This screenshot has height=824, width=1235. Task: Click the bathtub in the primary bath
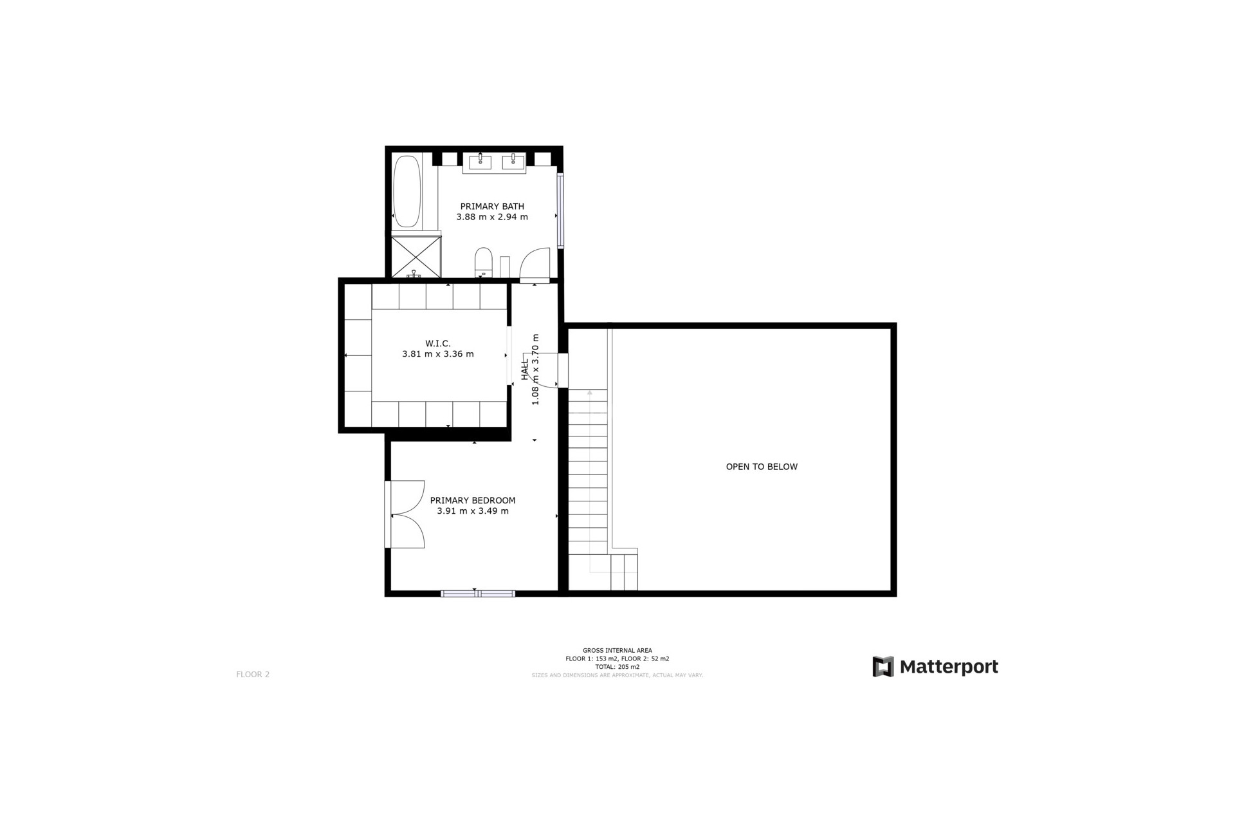(407, 191)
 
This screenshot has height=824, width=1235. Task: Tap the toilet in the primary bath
(483, 262)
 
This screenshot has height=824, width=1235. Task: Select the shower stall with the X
(416, 256)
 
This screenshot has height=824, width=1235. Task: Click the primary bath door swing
(535, 264)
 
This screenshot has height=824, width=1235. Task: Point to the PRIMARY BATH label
(492, 206)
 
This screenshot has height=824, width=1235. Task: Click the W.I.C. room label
(437, 343)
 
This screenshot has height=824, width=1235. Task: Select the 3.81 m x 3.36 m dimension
(437, 354)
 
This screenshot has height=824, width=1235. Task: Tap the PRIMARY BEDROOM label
(473, 500)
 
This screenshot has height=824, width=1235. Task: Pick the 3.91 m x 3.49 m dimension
(473, 511)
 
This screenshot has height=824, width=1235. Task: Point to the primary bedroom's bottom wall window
(478, 594)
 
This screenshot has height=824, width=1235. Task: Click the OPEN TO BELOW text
(762, 467)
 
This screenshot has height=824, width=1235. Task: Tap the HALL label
(525, 369)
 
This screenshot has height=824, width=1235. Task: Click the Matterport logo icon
(883, 667)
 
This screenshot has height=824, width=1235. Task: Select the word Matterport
(949, 667)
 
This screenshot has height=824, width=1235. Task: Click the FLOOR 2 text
(253, 675)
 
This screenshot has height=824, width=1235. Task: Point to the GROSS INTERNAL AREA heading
(617, 651)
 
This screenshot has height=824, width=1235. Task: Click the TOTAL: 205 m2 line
(617, 667)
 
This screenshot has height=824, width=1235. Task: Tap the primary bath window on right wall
(560, 211)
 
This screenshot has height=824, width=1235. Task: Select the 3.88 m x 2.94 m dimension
(492, 217)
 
